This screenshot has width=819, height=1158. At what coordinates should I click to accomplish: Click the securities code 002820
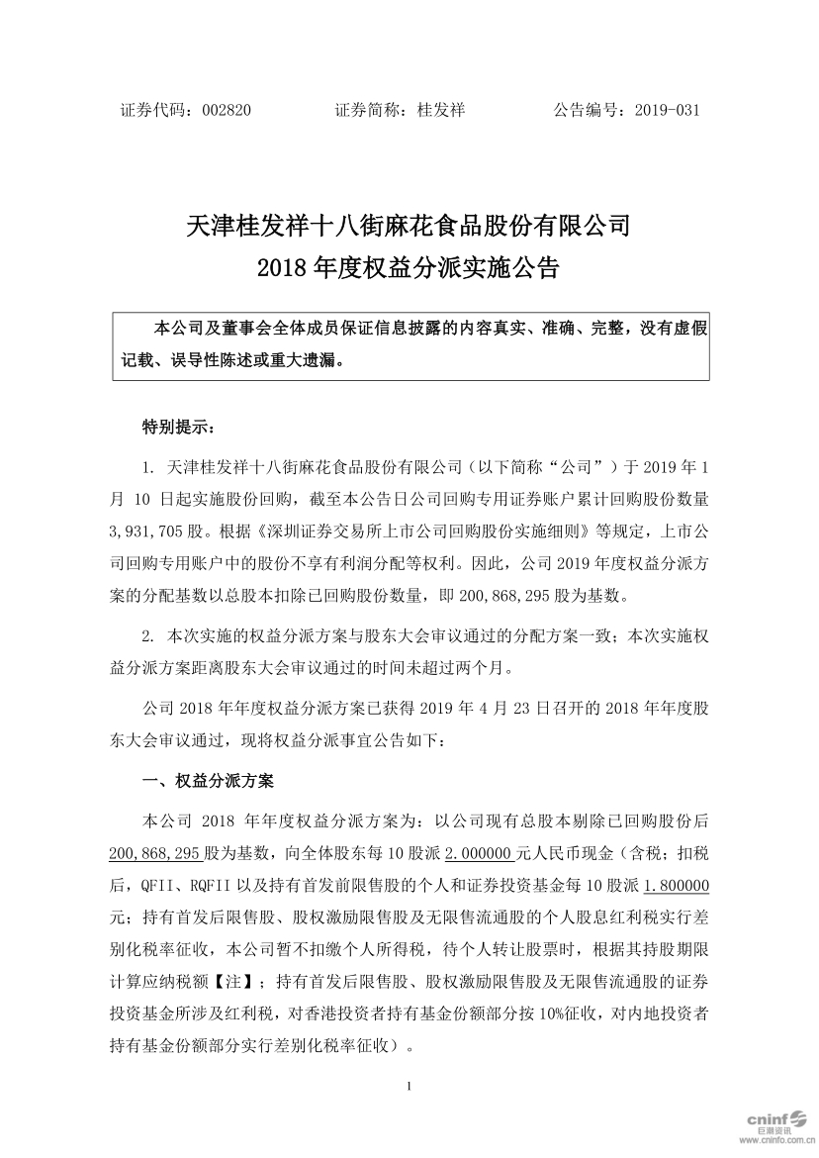[226, 111]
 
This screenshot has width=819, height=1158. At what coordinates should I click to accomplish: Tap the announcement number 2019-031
[668, 111]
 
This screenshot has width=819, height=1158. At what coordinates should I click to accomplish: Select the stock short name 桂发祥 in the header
[442, 111]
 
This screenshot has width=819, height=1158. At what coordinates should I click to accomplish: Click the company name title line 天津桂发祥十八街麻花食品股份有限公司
[409, 226]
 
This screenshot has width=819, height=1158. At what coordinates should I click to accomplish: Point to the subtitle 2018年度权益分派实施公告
[409, 266]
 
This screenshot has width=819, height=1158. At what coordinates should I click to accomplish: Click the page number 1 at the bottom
[409, 1088]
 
